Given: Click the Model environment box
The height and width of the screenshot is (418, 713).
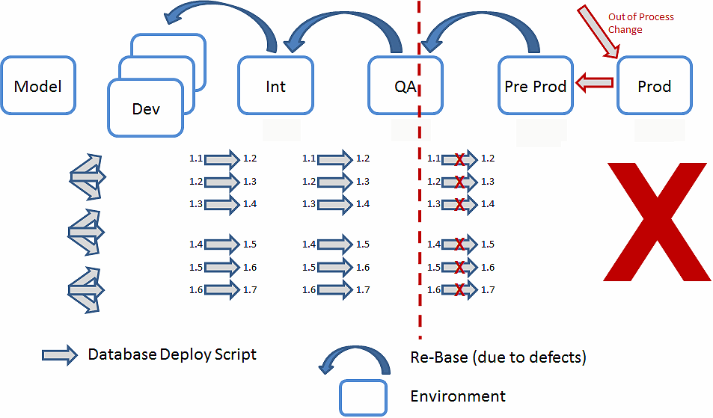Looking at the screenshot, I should pyautogui.click(x=38, y=86).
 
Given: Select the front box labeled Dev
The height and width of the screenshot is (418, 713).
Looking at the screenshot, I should pyautogui.click(x=146, y=108).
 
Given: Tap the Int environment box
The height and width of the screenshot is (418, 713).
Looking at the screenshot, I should pyautogui.click(x=275, y=86).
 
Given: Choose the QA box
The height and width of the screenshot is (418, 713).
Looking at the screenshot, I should pyautogui.click(x=406, y=86).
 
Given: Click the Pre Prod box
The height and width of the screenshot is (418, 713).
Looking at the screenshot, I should pyautogui.click(x=535, y=86).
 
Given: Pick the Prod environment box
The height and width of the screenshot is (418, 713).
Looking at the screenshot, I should pyautogui.click(x=654, y=86).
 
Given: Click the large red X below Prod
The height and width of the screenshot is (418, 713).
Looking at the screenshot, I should pyautogui.click(x=656, y=223).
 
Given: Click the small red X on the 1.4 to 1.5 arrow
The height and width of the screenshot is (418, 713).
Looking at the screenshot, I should pyautogui.click(x=459, y=245).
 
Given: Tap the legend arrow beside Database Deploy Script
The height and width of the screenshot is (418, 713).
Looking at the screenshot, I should pyautogui.click(x=60, y=355).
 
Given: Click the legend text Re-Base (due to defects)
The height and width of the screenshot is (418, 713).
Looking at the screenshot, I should pyautogui.click(x=498, y=357).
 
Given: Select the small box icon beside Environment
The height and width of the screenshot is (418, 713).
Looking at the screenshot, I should pyautogui.click(x=363, y=397).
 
